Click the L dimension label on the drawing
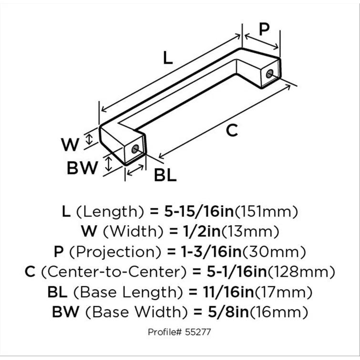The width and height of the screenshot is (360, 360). pyautogui.click(x=166, y=58)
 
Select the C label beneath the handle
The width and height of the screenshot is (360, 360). pyautogui.click(x=231, y=130)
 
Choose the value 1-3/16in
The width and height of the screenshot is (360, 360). pyautogui.click(x=216, y=252)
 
